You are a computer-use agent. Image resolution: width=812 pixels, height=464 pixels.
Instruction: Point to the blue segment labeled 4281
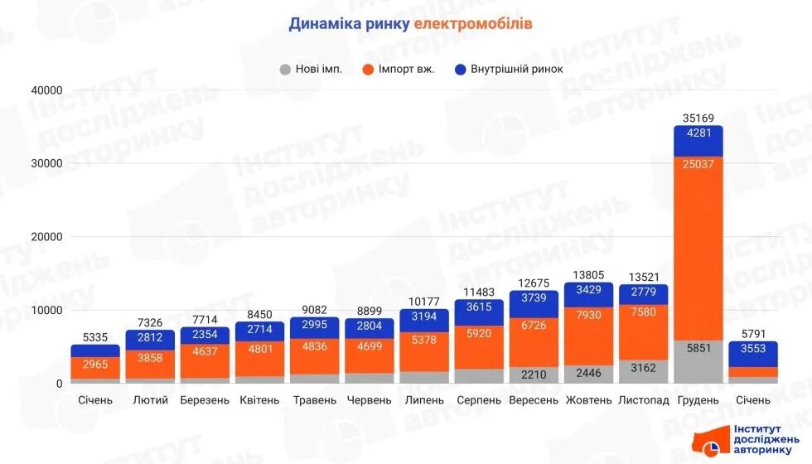coord(698,141)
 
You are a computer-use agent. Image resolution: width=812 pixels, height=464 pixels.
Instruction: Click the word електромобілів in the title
coord(473,24)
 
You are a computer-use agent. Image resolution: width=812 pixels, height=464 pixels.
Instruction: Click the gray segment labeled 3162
coord(644,370)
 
